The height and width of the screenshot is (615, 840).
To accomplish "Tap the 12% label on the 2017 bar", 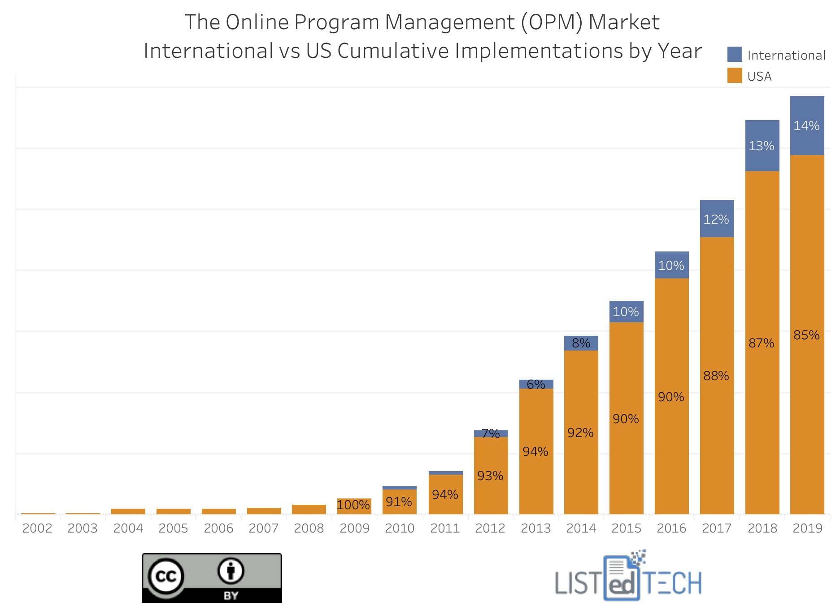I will (x=716, y=219).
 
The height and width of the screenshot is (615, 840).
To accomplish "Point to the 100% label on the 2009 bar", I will (x=353, y=505).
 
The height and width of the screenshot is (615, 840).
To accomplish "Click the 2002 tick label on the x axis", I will (x=37, y=528).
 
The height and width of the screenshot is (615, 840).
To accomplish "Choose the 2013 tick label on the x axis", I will (x=536, y=528).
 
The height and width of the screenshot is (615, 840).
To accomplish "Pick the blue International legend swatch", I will (x=735, y=55).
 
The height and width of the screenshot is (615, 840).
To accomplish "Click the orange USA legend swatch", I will (x=735, y=76).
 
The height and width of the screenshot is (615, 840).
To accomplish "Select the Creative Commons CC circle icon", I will (x=166, y=576).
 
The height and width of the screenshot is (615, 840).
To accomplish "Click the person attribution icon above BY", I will (x=231, y=571).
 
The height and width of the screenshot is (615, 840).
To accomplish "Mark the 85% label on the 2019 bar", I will (x=806, y=335).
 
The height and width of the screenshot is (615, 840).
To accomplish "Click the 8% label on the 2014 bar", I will (x=581, y=343).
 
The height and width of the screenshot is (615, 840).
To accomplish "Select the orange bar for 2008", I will (x=309, y=509).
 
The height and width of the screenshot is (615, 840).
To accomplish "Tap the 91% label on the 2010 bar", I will (x=399, y=502).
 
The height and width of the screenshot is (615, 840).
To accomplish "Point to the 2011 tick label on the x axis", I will (x=445, y=528).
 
